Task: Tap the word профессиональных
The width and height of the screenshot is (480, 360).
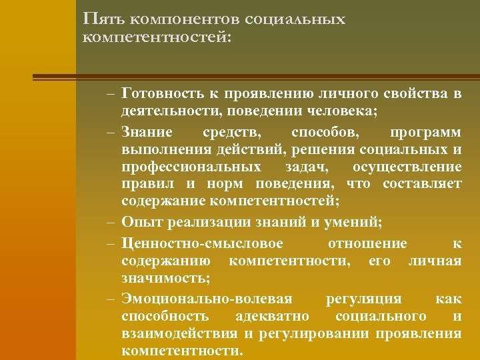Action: coord(192,166)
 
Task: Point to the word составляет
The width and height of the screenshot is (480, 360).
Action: coord(422,183)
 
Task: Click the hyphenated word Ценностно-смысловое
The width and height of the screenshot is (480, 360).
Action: coord(203,243)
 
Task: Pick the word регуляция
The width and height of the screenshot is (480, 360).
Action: coord(363,298)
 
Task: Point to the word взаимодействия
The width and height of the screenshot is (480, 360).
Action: coord(178,333)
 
